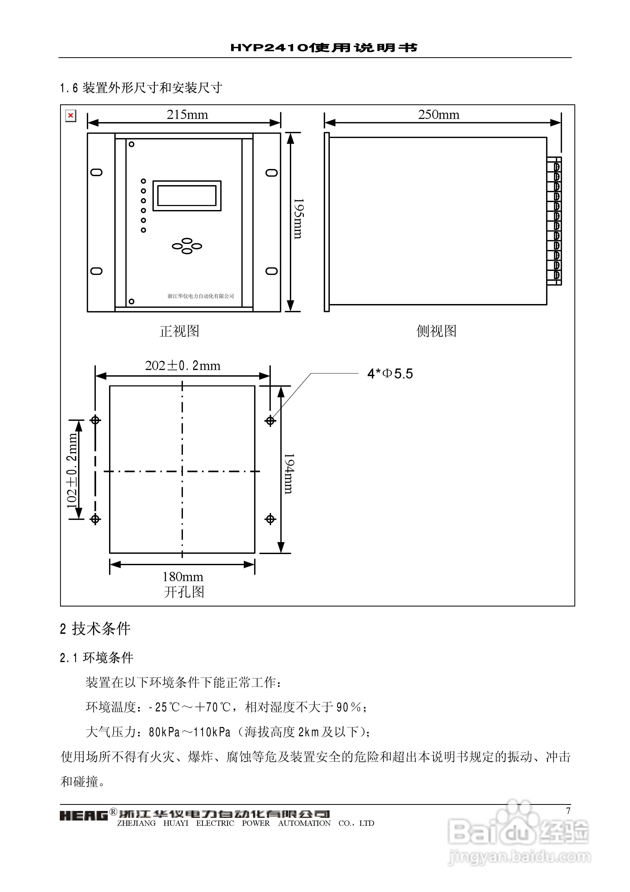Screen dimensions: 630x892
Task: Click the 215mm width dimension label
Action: [187, 115]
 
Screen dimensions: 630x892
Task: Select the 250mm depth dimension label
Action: [439, 115]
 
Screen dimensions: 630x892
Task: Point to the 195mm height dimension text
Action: [298, 219]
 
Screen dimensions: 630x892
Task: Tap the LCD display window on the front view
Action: [187, 196]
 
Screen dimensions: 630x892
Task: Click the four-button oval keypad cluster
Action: [187, 246]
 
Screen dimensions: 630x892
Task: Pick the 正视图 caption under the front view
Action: [179, 331]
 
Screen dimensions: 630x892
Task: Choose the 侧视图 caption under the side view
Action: [436, 331]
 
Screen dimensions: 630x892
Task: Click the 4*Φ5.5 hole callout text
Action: [390, 374]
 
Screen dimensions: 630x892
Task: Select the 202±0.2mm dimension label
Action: [183, 365]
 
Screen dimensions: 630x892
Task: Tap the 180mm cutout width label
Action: [183, 577]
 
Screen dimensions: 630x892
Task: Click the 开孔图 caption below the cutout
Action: [184, 592]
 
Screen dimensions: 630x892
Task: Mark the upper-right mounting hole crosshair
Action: [270, 420]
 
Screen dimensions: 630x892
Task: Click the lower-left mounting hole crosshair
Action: [95, 519]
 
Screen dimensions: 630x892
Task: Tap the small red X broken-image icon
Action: [71, 115]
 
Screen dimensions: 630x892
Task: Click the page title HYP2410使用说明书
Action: [324, 48]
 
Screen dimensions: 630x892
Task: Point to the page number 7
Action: [568, 811]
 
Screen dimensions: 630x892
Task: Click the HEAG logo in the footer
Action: [83, 815]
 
